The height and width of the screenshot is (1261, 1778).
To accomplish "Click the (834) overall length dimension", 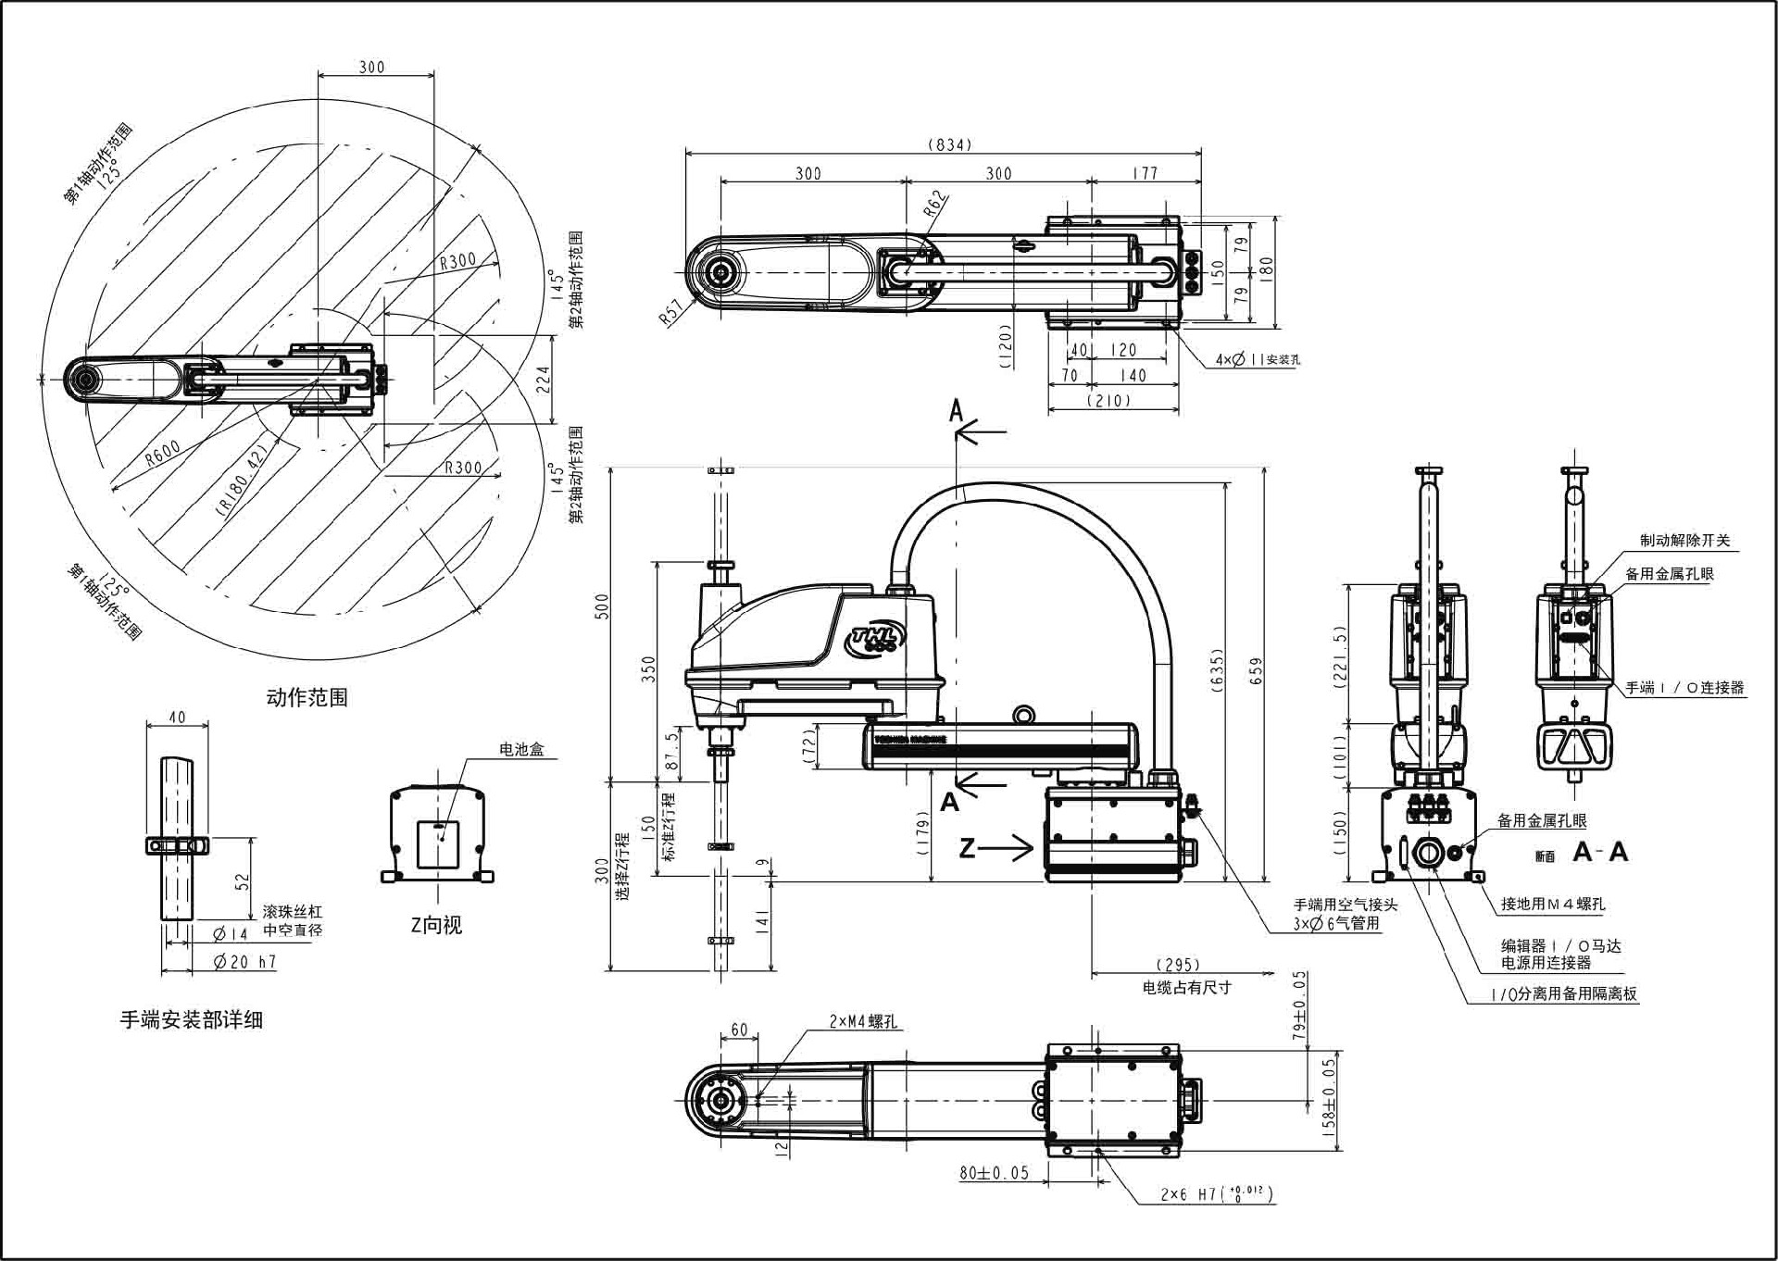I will [949, 144].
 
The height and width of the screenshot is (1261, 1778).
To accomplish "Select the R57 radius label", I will [671, 312].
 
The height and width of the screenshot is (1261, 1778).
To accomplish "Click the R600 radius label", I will [163, 453].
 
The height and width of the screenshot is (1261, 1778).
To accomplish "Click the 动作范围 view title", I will [307, 697].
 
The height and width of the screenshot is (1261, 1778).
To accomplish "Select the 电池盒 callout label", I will [521, 749].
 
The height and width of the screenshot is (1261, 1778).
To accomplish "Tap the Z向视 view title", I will [436, 925].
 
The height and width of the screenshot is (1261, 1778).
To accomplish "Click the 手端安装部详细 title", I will [192, 1020].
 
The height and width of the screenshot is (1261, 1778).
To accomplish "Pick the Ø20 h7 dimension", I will [244, 962].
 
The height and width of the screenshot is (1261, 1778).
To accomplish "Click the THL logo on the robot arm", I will [878, 638].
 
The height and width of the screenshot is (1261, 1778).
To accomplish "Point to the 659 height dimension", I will [1256, 670].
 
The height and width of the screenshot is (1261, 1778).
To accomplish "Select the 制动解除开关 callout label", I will [1684, 541].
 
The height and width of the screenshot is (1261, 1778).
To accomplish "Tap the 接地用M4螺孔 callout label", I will [1553, 905].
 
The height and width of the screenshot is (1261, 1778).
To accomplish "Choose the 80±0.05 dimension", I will [994, 1173].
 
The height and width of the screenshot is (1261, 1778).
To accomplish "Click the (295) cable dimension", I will [1178, 965].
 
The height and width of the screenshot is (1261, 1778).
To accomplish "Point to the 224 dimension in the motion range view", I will [544, 379].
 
